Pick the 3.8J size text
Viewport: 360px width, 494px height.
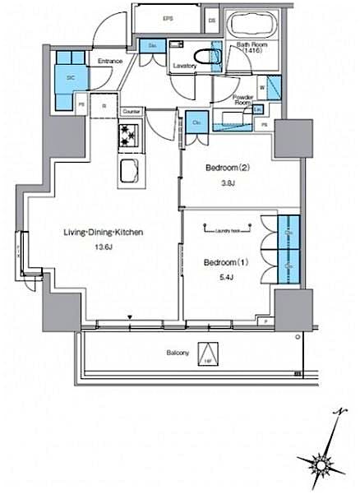[x=219, y=185]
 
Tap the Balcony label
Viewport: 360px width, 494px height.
[x=178, y=353]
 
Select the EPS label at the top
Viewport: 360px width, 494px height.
[x=168, y=18]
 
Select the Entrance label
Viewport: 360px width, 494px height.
[x=111, y=61]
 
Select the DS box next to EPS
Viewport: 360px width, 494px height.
[x=211, y=18]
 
